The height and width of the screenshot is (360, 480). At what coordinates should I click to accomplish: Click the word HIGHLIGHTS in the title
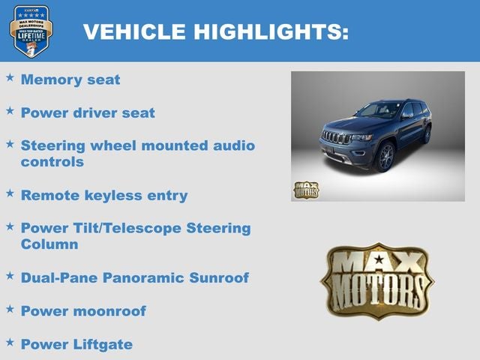click(271, 31)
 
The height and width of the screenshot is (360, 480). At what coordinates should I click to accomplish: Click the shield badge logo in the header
click(31, 31)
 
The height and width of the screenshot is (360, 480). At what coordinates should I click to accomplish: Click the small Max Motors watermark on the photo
click(306, 190)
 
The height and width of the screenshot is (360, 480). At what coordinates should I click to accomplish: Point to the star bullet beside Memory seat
click(10, 78)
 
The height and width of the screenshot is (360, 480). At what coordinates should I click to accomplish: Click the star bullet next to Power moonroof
click(10, 309)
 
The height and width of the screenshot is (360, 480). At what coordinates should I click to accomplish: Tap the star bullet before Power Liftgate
click(10, 342)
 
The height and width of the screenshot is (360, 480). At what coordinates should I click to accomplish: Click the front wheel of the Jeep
click(385, 157)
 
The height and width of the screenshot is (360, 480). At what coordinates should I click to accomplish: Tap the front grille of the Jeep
click(335, 138)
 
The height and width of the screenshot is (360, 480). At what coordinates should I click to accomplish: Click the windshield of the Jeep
click(378, 111)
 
